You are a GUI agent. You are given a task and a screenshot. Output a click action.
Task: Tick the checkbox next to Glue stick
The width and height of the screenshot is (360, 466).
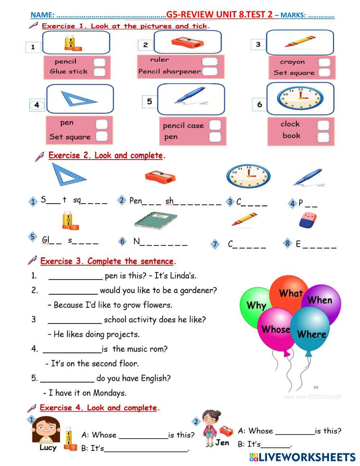(99, 72)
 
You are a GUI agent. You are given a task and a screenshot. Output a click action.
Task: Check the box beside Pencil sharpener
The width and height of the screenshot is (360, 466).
(209, 71)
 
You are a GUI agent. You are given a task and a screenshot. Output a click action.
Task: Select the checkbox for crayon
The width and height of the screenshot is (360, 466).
(324, 62)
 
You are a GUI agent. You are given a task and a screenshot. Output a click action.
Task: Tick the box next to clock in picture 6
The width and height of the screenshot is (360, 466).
(323, 125)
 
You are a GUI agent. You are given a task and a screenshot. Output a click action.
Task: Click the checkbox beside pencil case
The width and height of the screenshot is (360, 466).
(215, 125)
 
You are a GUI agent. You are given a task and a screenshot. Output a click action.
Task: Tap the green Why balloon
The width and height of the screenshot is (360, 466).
(256, 306)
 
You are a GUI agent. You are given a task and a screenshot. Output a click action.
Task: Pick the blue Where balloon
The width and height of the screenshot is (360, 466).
(311, 333)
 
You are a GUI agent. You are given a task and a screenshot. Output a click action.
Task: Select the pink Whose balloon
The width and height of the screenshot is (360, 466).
(275, 329)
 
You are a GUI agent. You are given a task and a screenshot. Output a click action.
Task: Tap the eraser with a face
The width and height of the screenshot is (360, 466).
(308, 220)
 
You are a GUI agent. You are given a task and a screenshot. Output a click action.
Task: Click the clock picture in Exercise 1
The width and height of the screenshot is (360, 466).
(300, 98)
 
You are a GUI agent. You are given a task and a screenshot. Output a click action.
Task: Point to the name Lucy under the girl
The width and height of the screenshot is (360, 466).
(48, 448)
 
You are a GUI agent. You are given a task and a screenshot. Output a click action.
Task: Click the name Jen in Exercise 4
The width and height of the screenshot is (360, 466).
(222, 443)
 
